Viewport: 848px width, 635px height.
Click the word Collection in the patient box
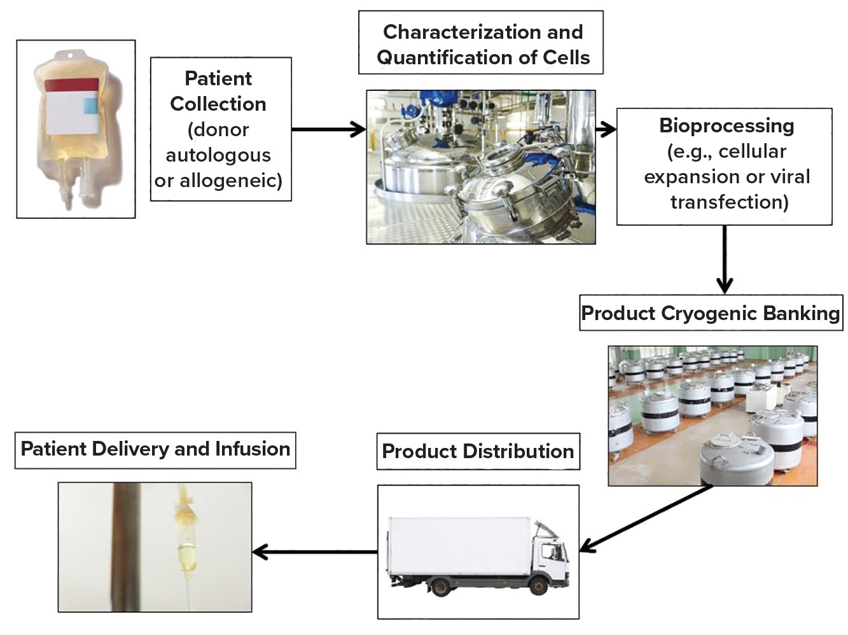218,104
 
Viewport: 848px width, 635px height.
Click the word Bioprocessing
726,125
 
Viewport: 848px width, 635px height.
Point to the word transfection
729,202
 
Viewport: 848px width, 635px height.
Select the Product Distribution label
478,451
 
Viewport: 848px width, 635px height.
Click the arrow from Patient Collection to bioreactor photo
328,130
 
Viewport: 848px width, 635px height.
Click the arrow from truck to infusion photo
315,552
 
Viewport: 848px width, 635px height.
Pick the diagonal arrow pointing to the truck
646,519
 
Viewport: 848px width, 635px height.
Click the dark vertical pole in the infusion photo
122,547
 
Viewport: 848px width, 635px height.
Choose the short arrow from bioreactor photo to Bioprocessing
606,130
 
